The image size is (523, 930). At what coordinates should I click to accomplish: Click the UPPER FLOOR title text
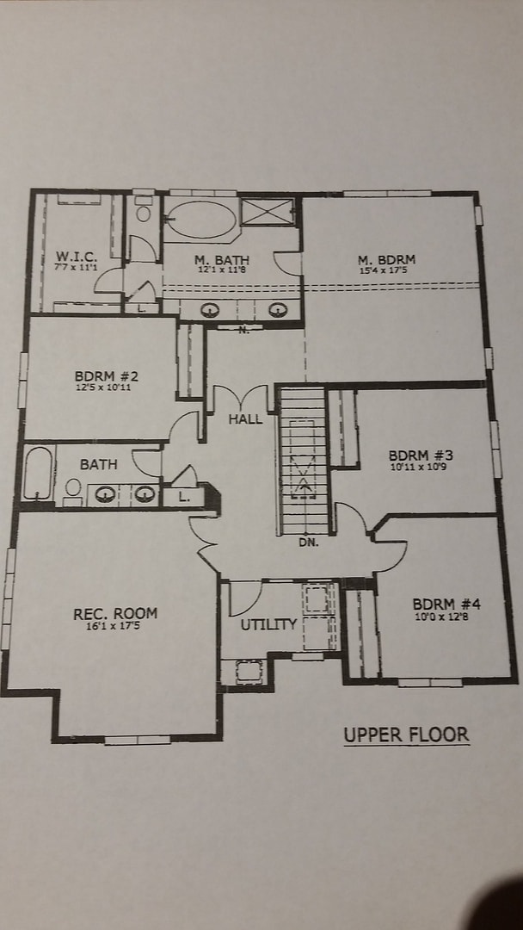406,735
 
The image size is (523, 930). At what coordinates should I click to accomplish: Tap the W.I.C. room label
77,257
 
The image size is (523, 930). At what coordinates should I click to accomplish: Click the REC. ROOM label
115,614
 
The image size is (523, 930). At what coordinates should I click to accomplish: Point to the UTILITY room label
268,624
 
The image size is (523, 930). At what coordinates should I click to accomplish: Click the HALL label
245,420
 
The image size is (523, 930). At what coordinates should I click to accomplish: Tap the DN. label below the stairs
308,542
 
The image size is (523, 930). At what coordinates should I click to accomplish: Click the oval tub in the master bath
200,220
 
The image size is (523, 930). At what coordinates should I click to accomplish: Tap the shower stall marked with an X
267,212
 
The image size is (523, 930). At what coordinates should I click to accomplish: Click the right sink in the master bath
277,310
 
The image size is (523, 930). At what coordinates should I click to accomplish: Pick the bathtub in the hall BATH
37,474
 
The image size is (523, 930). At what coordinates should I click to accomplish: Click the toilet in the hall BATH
73,489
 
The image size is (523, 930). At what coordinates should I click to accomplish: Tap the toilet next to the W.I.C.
144,212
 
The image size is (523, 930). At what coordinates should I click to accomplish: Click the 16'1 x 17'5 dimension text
115,627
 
